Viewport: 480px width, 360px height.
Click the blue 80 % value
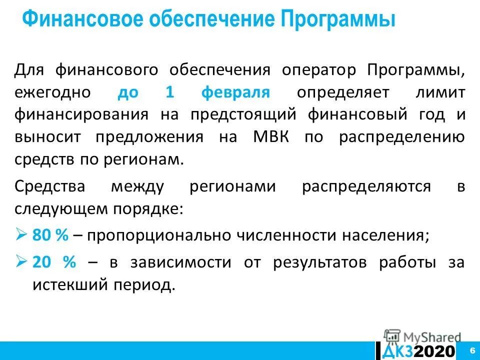pos(50,235)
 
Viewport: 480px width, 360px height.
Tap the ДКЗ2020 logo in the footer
pos(419,351)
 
